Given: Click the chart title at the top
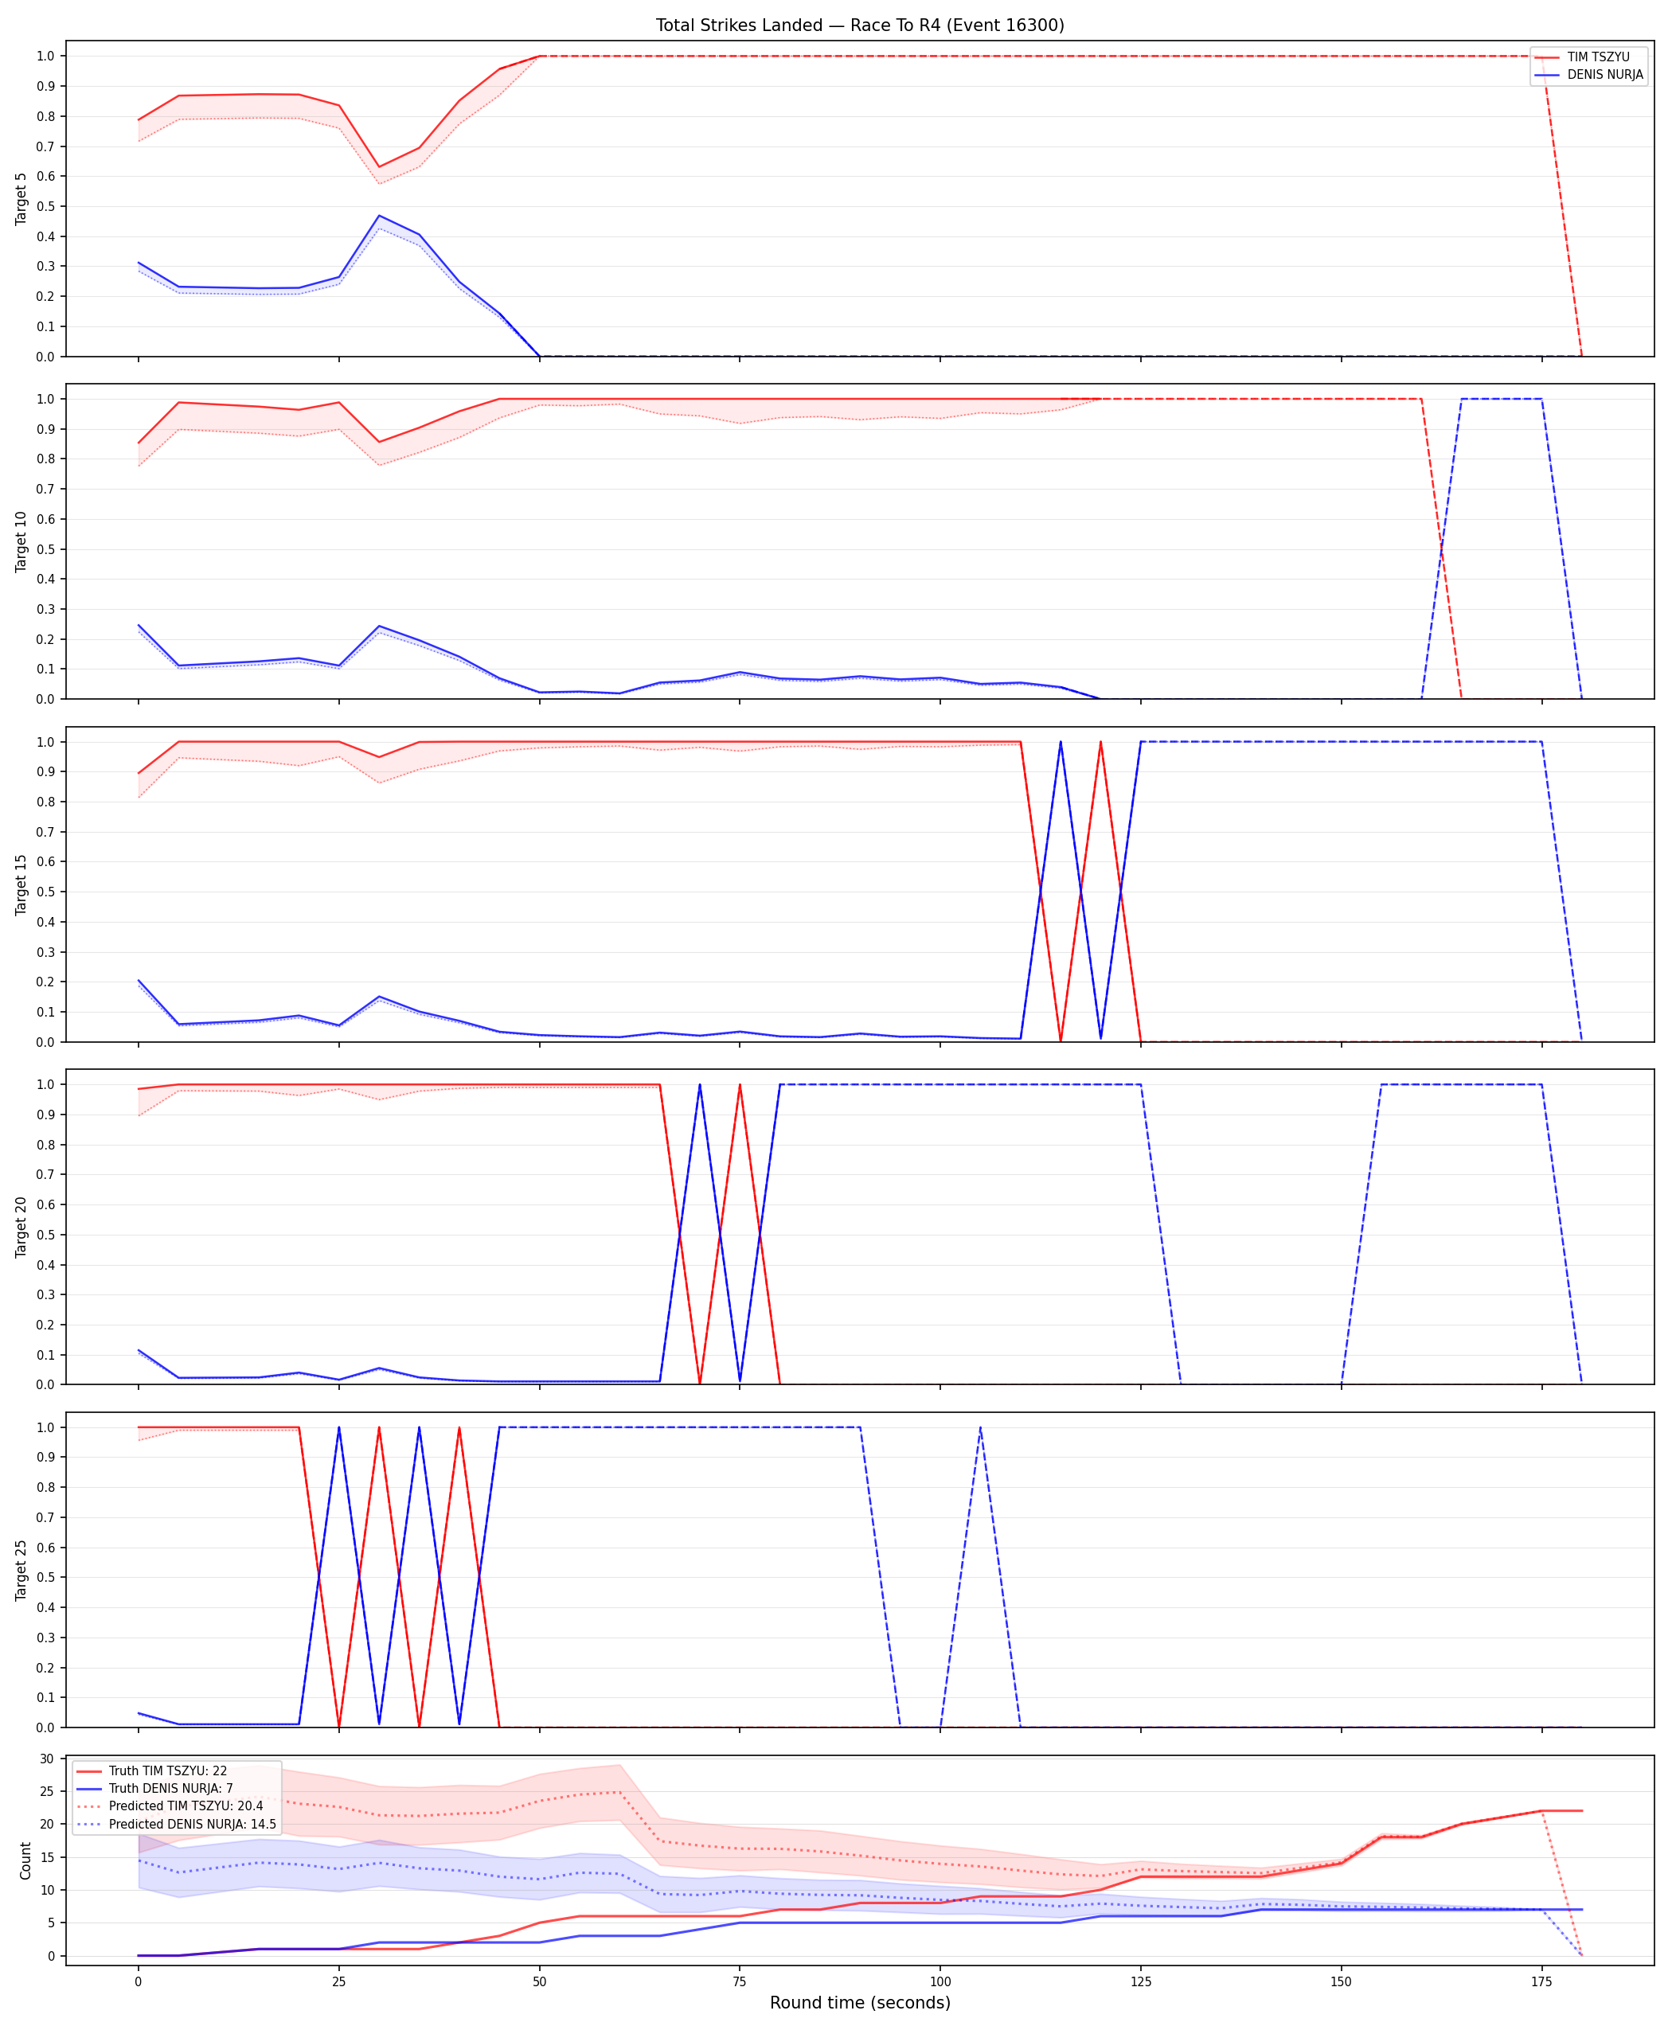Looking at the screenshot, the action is (860, 25).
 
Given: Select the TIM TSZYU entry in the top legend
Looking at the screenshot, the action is (1598, 57).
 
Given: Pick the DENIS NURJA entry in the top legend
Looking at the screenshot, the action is (1604, 74).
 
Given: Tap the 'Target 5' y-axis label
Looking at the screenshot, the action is (21, 199).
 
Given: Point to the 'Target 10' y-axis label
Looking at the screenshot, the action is (21, 541).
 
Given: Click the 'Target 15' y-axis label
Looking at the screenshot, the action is (21, 884).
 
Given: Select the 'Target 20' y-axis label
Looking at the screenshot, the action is (21, 1227).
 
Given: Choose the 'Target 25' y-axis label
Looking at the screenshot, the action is (21, 1570).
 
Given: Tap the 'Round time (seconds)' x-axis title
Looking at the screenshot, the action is (860, 2003).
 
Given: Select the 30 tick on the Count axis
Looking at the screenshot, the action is (45, 1759).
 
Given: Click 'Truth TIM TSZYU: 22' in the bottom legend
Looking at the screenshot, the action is (167, 1771).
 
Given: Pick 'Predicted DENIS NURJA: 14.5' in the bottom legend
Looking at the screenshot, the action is (192, 1824).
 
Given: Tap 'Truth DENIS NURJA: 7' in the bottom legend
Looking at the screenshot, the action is (170, 1788).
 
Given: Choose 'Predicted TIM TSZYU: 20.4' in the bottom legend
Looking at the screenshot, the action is (186, 1806).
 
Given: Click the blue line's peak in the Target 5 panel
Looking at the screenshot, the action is (378, 216).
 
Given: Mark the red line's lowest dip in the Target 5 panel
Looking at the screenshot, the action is (378, 166).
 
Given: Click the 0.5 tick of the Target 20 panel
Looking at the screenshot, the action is (45, 1235).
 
